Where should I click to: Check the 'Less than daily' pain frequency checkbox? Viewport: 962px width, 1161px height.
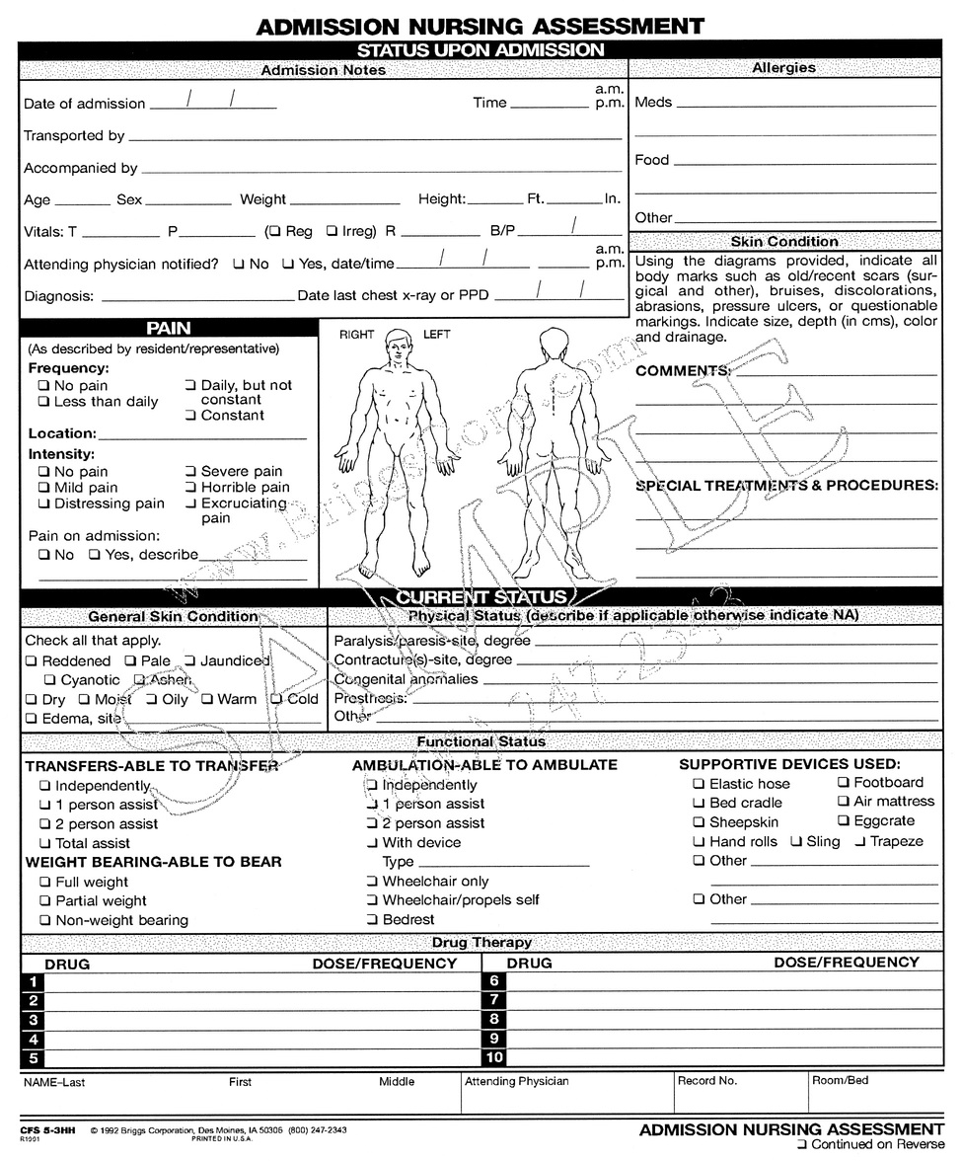(x=43, y=402)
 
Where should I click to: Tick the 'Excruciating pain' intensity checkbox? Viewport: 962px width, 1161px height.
(x=191, y=503)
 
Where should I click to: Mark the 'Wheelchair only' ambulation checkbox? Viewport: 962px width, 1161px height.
(x=373, y=881)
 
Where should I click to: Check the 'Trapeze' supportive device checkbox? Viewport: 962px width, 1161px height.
(x=860, y=841)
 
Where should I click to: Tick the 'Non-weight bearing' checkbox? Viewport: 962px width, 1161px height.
(x=45, y=920)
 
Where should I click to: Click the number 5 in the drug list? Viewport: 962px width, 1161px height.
(x=33, y=1058)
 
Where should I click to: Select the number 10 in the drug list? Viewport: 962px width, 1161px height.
(x=494, y=1058)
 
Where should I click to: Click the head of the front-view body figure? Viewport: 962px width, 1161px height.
(x=398, y=345)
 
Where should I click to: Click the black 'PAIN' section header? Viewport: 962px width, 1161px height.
(x=169, y=328)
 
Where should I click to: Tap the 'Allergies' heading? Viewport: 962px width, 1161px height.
(x=783, y=68)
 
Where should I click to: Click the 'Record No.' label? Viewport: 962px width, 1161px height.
(x=706, y=1081)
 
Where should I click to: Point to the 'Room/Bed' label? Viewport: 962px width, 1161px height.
(x=840, y=1081)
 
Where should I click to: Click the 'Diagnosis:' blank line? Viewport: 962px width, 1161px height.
(x=197, y=297)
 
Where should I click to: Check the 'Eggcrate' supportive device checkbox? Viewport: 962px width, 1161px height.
(x=844, y=821)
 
